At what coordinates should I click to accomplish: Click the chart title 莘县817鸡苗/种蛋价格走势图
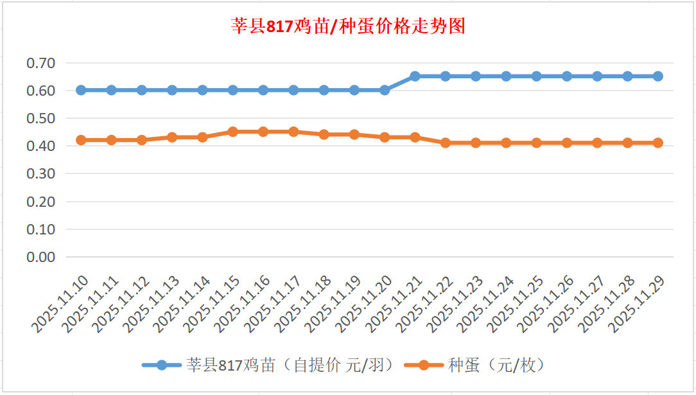(x=348, y=26)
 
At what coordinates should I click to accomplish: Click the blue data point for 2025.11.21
(x=415, y=76)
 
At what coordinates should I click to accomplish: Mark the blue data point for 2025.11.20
(x=385, y=90)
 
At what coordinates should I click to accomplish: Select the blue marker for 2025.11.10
(x=81, y=90)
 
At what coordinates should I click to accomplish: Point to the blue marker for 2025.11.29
(x=658, y=76)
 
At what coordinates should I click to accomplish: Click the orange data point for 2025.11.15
(x=233, y=132)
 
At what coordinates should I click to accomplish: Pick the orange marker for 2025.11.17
(x=293, y=132)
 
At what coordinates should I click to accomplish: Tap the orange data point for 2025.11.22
(x=446, y=143)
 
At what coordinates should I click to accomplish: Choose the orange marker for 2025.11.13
(x=172, y=137)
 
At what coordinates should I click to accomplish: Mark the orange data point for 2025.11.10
(x=81, y=140)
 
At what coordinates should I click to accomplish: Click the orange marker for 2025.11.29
(x=658, y=143)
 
